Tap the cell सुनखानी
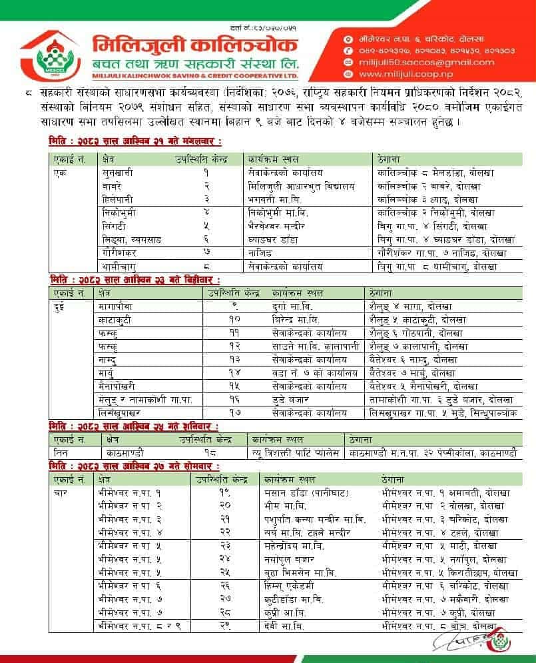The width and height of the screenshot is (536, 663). pyautogui.click(x=117, y=172)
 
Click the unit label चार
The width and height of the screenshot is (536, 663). pyautogui.click(x=59, y=494)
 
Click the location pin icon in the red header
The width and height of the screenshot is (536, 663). pyautogui.click(x=347, y=37)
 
